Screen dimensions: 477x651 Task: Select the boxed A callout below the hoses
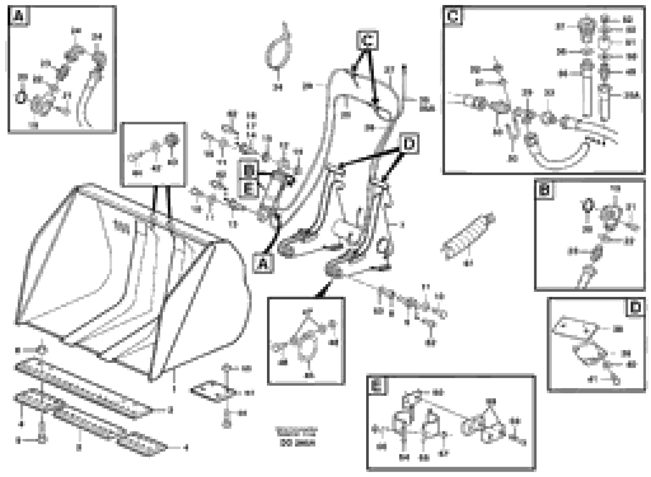coord(262,263)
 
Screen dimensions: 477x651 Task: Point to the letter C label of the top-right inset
coord(452,16)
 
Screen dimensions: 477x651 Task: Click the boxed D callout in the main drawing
coord(409,143)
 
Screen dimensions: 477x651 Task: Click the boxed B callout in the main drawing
coord(248,171)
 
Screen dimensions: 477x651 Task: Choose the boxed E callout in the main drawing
coord(248,190)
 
